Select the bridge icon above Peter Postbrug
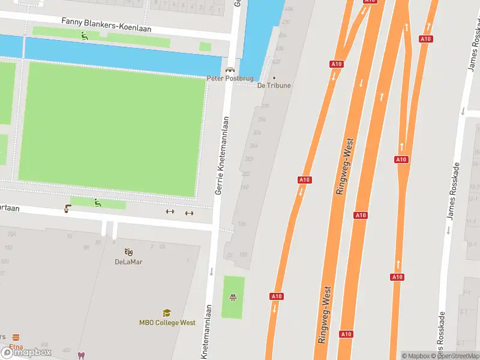230,70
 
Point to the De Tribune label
274,86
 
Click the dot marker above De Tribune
275,78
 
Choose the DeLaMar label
128,262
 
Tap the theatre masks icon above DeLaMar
128,252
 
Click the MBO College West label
167,323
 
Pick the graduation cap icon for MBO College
167,313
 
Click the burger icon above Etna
16,337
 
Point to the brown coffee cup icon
68,209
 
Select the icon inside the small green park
233,297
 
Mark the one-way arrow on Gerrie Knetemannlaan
211,272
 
